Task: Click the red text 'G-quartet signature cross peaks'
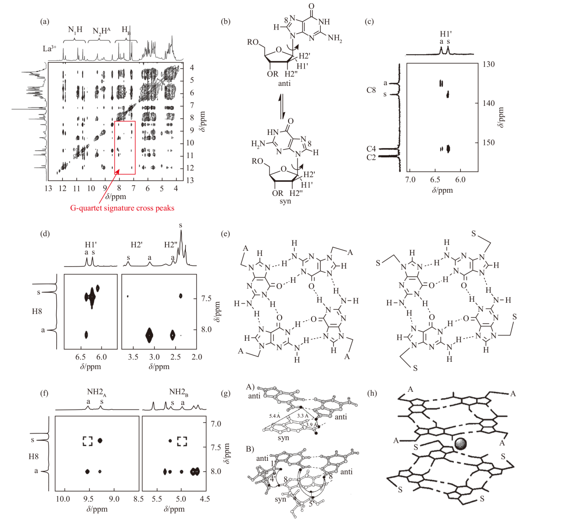click(x=122, y=208)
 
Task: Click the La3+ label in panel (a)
click(x=50, y=49)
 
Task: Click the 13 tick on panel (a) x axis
click(x=48, y=188)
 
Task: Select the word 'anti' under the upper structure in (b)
click(x=284, y=83)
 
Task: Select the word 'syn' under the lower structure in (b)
click(x=285, y=201)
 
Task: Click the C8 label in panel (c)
click(x=371, y=90)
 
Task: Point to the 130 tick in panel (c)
click(x=488, y=65)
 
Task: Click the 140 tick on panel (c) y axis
click(x=488, y=104)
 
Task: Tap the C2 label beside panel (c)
click(x=371, y=157)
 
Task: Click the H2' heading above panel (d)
click(x=136, y=245)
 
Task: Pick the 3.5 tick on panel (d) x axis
click(x=133, y=357)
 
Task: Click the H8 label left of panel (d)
click(x=37, y=311)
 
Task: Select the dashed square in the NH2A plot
click(x=88, y=440)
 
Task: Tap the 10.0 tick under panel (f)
click(x=63, y=499)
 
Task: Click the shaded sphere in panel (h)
click(x=461, y=444)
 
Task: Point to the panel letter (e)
click(x=225, y=234)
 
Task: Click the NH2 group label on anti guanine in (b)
click(x=335, y=38)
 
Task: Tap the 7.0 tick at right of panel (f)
click(x=216, y=424)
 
